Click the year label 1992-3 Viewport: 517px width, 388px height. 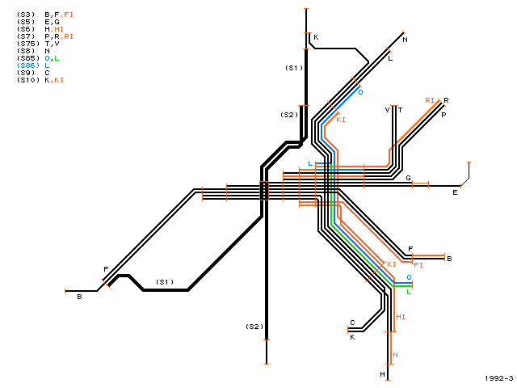pyautogui.click(x=499, y=378)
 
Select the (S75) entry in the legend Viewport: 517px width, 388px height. pyautogui.click(x=28, y=44)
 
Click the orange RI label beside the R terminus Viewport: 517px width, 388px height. pyautogui.click(x=430, y=100)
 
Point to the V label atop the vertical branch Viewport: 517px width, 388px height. pyautogui.click(x=387, y=110)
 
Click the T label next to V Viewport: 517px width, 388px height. pyautogui.click(x=401, y=110)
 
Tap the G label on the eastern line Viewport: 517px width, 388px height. pyautogui.click(x=408, y=178)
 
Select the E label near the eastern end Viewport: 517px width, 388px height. pyautogui.click(x=455, y=192)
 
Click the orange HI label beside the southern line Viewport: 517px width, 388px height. pyautogui.click(x=401, y=317)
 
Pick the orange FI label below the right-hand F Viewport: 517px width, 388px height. pyautogui.click(x=418, y=265)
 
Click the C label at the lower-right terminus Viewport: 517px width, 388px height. pyautogui.click(x=352, y=323)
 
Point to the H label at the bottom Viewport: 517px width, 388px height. pyautogui.click(x=382, y=374)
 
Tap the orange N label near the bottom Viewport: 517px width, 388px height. pyautogui.click(x=395, y=355)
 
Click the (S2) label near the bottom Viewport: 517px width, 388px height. pyautogui.click(x=254, y=327)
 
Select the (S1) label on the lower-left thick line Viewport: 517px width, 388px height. pyautogui.click(x=165, y=282)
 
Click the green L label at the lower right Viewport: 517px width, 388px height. pyautogui.click(x=409, y=292)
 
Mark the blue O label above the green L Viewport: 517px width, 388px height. pyautogui.click(x=409, y=277)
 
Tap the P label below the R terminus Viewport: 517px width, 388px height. pyautogui.click(x=443, y=115)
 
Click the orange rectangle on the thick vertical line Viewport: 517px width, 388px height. pyautogui.click(x=264, y=191)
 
